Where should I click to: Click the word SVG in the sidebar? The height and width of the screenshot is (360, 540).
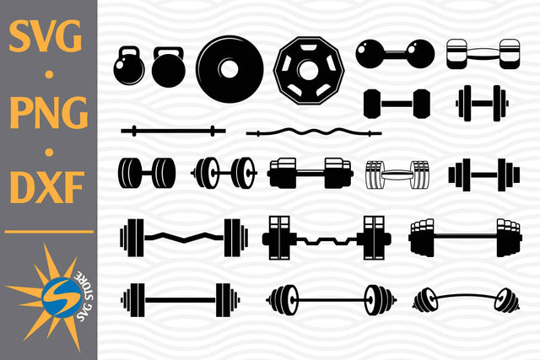47,38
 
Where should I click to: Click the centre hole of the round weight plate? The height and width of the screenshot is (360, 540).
230,67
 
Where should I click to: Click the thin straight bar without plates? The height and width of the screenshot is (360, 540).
173,131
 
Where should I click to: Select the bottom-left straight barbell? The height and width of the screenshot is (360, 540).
181,298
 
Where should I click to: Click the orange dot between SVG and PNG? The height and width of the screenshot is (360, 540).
48,75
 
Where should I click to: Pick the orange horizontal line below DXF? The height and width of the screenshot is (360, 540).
48,230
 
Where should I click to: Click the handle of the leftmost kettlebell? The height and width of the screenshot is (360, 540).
130,53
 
